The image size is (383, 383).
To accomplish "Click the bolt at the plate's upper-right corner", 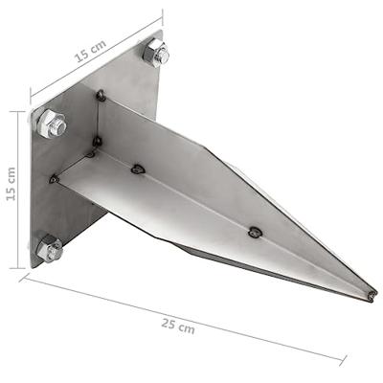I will pos(154,52).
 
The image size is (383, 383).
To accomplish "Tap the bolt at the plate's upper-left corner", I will pos(51,124).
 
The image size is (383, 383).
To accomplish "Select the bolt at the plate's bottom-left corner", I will pos(48,249).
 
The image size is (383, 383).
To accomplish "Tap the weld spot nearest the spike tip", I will pos(254,232).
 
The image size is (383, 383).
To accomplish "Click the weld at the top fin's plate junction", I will pos(101,95).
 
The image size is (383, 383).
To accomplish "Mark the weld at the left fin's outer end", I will pos(56,178).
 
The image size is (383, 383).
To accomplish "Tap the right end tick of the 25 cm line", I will pos(342,359).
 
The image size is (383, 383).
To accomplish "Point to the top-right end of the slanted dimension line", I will pos(162,13).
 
